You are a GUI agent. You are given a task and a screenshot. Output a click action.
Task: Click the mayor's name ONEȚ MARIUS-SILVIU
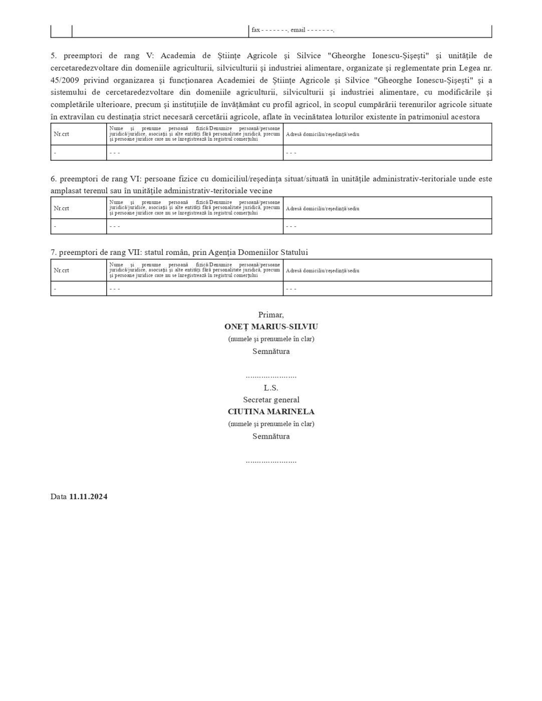[271, 326]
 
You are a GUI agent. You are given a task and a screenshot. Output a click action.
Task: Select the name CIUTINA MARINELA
[271, 412]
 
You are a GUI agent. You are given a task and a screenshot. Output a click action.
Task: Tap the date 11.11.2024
[88, 497]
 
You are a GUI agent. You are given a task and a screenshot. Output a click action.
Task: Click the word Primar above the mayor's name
[270, 315]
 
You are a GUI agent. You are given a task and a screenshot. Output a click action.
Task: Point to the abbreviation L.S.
[271, 388]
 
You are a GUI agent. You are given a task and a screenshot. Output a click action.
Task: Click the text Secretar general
[271, 400]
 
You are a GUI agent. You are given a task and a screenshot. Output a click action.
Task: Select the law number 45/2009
[65, 80]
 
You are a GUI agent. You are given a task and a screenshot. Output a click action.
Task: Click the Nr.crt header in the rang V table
[62, 134]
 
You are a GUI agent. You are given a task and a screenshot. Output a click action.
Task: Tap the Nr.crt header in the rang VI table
[62, 208]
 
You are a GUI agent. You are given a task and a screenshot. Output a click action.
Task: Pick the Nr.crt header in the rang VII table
[62, 270]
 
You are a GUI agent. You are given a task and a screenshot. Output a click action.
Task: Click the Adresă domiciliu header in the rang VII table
[322, 270]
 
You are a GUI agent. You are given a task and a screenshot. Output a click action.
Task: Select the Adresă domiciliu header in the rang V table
[322, 134]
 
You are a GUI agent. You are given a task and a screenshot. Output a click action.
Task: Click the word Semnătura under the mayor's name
[271, 351]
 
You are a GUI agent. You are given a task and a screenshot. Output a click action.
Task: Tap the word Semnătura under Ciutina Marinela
[271, 436]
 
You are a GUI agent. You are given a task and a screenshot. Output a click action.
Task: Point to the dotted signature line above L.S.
[271, 376]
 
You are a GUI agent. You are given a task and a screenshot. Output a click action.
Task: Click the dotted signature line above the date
[271, 461]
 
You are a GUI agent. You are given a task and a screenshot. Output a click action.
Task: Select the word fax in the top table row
[255, 30]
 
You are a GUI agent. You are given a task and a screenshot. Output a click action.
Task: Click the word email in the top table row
[298, 30]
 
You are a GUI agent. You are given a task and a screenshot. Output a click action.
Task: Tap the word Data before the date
[58, 497]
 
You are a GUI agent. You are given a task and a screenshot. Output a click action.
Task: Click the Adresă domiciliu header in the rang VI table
[322, 208]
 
